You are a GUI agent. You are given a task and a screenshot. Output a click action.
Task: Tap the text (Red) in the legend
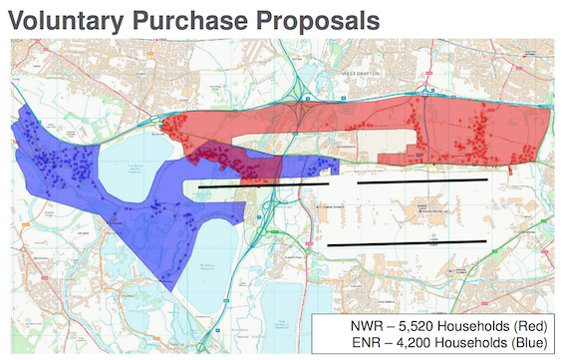529,325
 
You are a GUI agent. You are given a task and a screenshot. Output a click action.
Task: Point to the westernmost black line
264,183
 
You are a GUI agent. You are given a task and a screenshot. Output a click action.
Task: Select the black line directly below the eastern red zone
422,181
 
